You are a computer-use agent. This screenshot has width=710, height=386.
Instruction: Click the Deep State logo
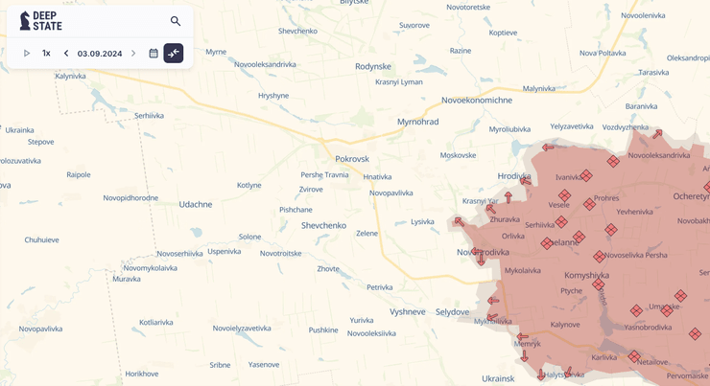click(x=41, y=21)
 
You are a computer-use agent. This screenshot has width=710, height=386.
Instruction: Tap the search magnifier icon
click(x=176, y=21)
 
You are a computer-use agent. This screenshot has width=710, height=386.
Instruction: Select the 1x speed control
click(x=46, y=54)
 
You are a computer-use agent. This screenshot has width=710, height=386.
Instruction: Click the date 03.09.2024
click(x=100, y=54)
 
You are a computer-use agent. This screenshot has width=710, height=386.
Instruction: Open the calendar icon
click(x=154, y=54)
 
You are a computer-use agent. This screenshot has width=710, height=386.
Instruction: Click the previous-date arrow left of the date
click(x=66, y=54)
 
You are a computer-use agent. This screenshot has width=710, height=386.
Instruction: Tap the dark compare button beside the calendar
click(x=174, y=54)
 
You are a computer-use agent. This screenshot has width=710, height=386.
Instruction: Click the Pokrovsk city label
click(x=352, y=159)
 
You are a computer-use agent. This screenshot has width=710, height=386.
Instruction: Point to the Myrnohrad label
click(x=417, y=123)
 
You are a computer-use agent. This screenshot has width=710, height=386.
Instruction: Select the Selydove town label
click(x=453, y=312)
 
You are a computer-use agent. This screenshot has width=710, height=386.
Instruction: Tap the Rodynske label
click(x=373, y=66)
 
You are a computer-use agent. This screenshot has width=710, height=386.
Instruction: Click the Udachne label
click(x=196, y=204)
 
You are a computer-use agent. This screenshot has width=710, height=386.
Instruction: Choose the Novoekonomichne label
click(x=477, y=100)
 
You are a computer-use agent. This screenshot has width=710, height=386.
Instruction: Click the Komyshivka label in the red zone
click(x=586, y=275)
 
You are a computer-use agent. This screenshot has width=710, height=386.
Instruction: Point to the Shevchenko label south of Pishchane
click(x=323, y=225)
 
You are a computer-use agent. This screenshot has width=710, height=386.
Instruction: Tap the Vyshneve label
click(x=408, y=312)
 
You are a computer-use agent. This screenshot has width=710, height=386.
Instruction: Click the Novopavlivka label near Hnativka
click(x=391, y=193)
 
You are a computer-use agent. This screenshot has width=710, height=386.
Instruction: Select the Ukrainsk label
click(x=498, y=378)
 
